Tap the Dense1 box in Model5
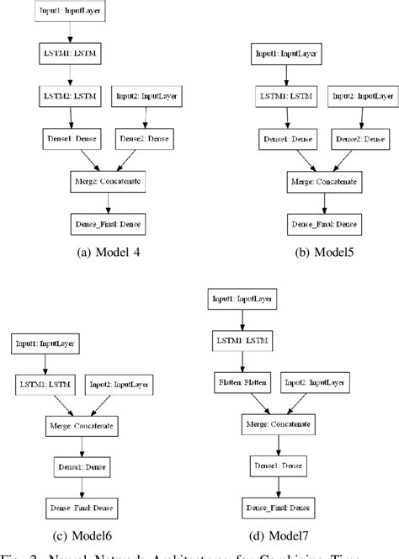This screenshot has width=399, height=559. pyautogui.click(x=288, y=140)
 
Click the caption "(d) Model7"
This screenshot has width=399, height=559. pyautogui.click(x=276, y=535)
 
